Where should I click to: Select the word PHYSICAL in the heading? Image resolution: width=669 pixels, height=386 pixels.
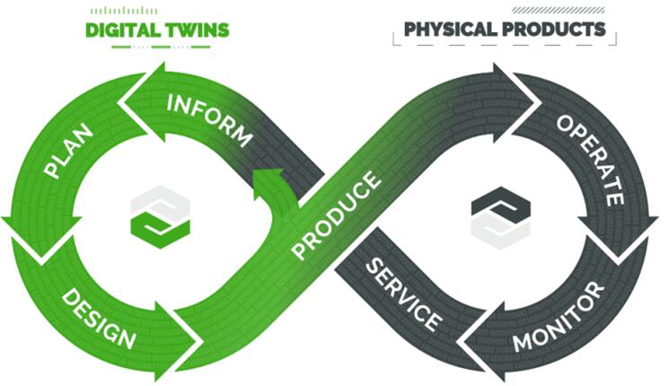point(450,29)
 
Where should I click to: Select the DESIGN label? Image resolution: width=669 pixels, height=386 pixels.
point(100,320)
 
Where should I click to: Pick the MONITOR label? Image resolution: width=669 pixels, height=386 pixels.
point(558,318)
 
